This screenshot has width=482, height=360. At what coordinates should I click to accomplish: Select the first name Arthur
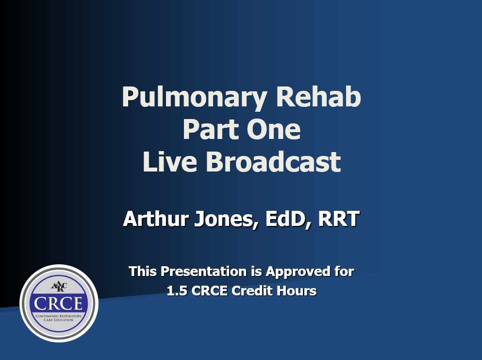(156, 219)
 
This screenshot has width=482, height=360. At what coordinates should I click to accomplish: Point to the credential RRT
(339, 219)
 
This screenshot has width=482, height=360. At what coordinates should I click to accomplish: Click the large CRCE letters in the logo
(58, 303)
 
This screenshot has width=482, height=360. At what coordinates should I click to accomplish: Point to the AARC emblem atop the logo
(59, 287)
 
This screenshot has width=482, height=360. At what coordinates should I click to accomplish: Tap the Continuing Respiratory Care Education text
(59, 318)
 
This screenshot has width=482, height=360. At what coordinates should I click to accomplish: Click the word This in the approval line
(143, 272)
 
